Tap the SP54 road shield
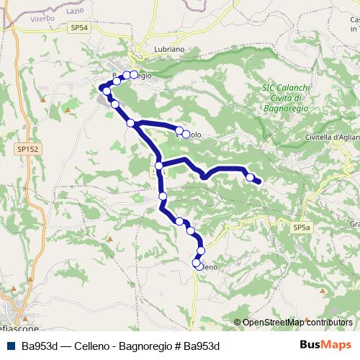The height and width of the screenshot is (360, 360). coord(80,27)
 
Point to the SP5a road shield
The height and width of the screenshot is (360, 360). coord(302,227)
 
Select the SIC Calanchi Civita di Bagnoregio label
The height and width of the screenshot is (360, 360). coord(286,97)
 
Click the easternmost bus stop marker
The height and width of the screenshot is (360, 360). coord(250,177)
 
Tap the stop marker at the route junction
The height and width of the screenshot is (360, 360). coord(159,166)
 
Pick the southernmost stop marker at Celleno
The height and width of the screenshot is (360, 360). coord(197,264)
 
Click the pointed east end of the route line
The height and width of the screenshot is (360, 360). coord(259,183)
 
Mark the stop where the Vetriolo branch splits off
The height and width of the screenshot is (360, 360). coord(131,123)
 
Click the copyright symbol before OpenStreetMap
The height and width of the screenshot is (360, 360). coord(238,323)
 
